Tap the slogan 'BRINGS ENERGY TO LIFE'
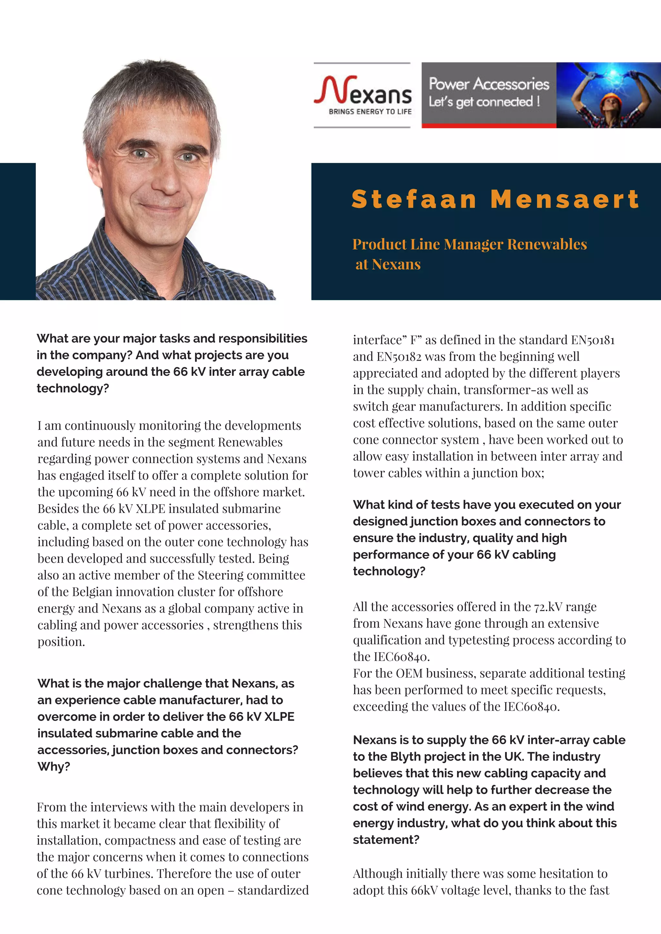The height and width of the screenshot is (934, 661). point(370,112)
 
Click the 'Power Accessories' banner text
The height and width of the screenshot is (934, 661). point(488,84)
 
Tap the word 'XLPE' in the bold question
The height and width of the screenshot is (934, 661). point(279,716)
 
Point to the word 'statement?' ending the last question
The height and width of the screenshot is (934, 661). point(386,840)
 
